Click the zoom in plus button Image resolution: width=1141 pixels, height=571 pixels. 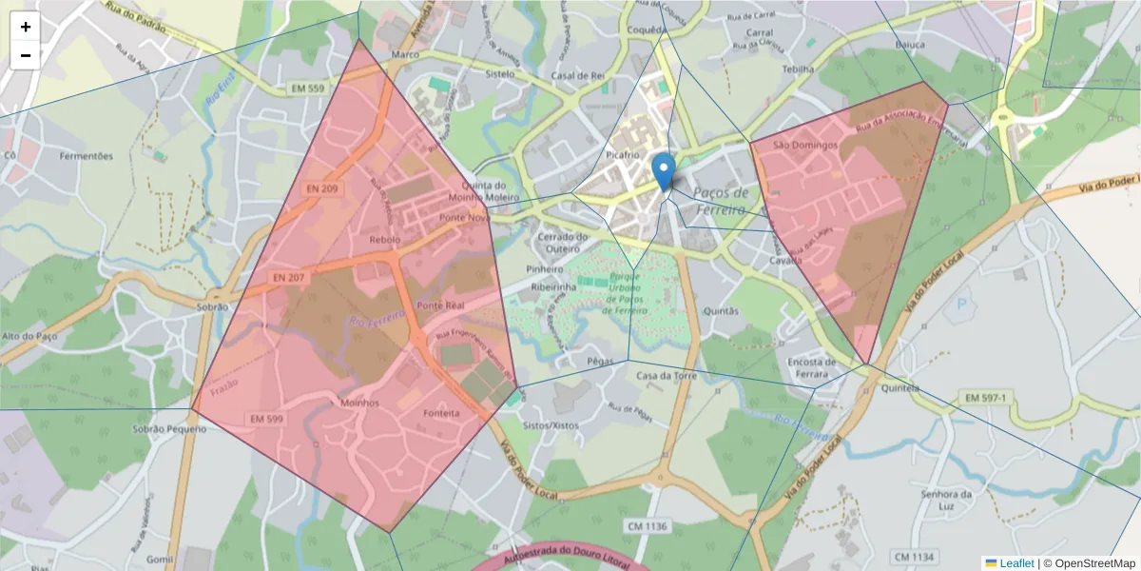(26, 28)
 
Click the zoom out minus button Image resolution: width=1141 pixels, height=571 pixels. (26, 56)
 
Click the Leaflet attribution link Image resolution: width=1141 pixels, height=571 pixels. (1016, 563)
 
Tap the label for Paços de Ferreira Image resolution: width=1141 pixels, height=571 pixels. (722, 200)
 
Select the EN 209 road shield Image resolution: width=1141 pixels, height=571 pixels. (322, 188)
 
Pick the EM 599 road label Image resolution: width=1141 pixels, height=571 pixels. (265, 418)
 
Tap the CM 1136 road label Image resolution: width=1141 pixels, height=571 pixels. (648, 526)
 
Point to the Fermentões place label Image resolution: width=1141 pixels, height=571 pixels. (86, 156)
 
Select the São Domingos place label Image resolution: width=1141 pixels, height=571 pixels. (804, 146)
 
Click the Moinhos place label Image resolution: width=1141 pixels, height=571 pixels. (359, 403)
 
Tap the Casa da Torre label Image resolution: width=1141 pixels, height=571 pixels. (667, 376)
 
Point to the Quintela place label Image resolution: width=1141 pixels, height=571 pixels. (900, 388)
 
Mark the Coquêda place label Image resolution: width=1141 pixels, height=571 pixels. (647, 29)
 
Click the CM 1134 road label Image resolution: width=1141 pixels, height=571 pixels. (914, 556)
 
